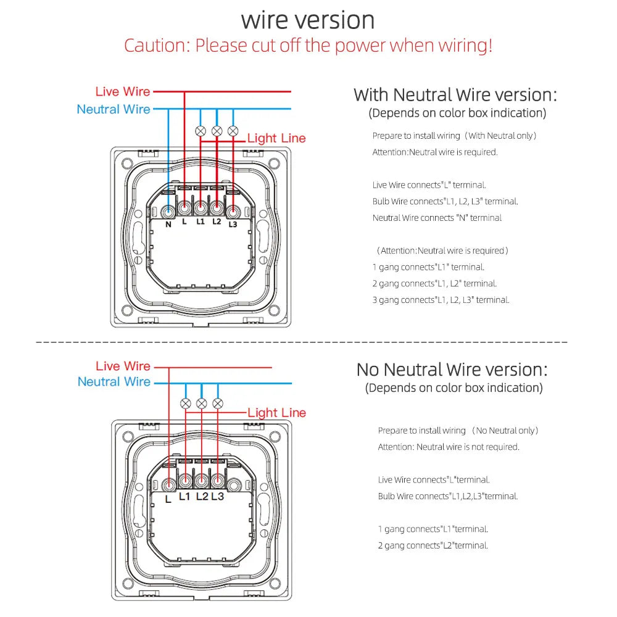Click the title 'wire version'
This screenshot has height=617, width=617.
click(x=308, y=20)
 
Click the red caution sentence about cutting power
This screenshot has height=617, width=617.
click(x=308, y=46)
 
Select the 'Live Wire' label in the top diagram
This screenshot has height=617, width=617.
click(x=123, y=91)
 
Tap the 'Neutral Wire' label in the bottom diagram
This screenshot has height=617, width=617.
click(x=114, y=382)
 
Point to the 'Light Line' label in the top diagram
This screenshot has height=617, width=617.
click(x=276, y=138)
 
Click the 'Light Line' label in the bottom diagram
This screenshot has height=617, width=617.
click(x=276, y=413)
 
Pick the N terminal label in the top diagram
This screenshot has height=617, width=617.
click(x=168, y=225)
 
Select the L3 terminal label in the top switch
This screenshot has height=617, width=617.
click(x=233, y=225)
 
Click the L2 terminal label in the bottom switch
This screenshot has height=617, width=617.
click(x=202, y=496)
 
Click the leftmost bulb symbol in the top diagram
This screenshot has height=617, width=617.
click(x=201, y=131)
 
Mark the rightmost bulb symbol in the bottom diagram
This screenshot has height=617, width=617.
click(x=217, y=404)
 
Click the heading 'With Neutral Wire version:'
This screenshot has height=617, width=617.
click(x=455, y=95)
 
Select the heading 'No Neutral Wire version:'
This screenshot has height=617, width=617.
click(x=452, y=370)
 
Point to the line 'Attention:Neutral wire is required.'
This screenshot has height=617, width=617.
click(x=434, y=152)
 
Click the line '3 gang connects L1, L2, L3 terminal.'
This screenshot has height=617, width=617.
click(x=441, y=300)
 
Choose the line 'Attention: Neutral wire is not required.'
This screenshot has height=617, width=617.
click(x=449, y=447)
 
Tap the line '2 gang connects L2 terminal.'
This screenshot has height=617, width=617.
click(x=433, y=545)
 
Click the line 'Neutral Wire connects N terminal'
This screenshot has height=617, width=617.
click(x=437, y=218)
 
